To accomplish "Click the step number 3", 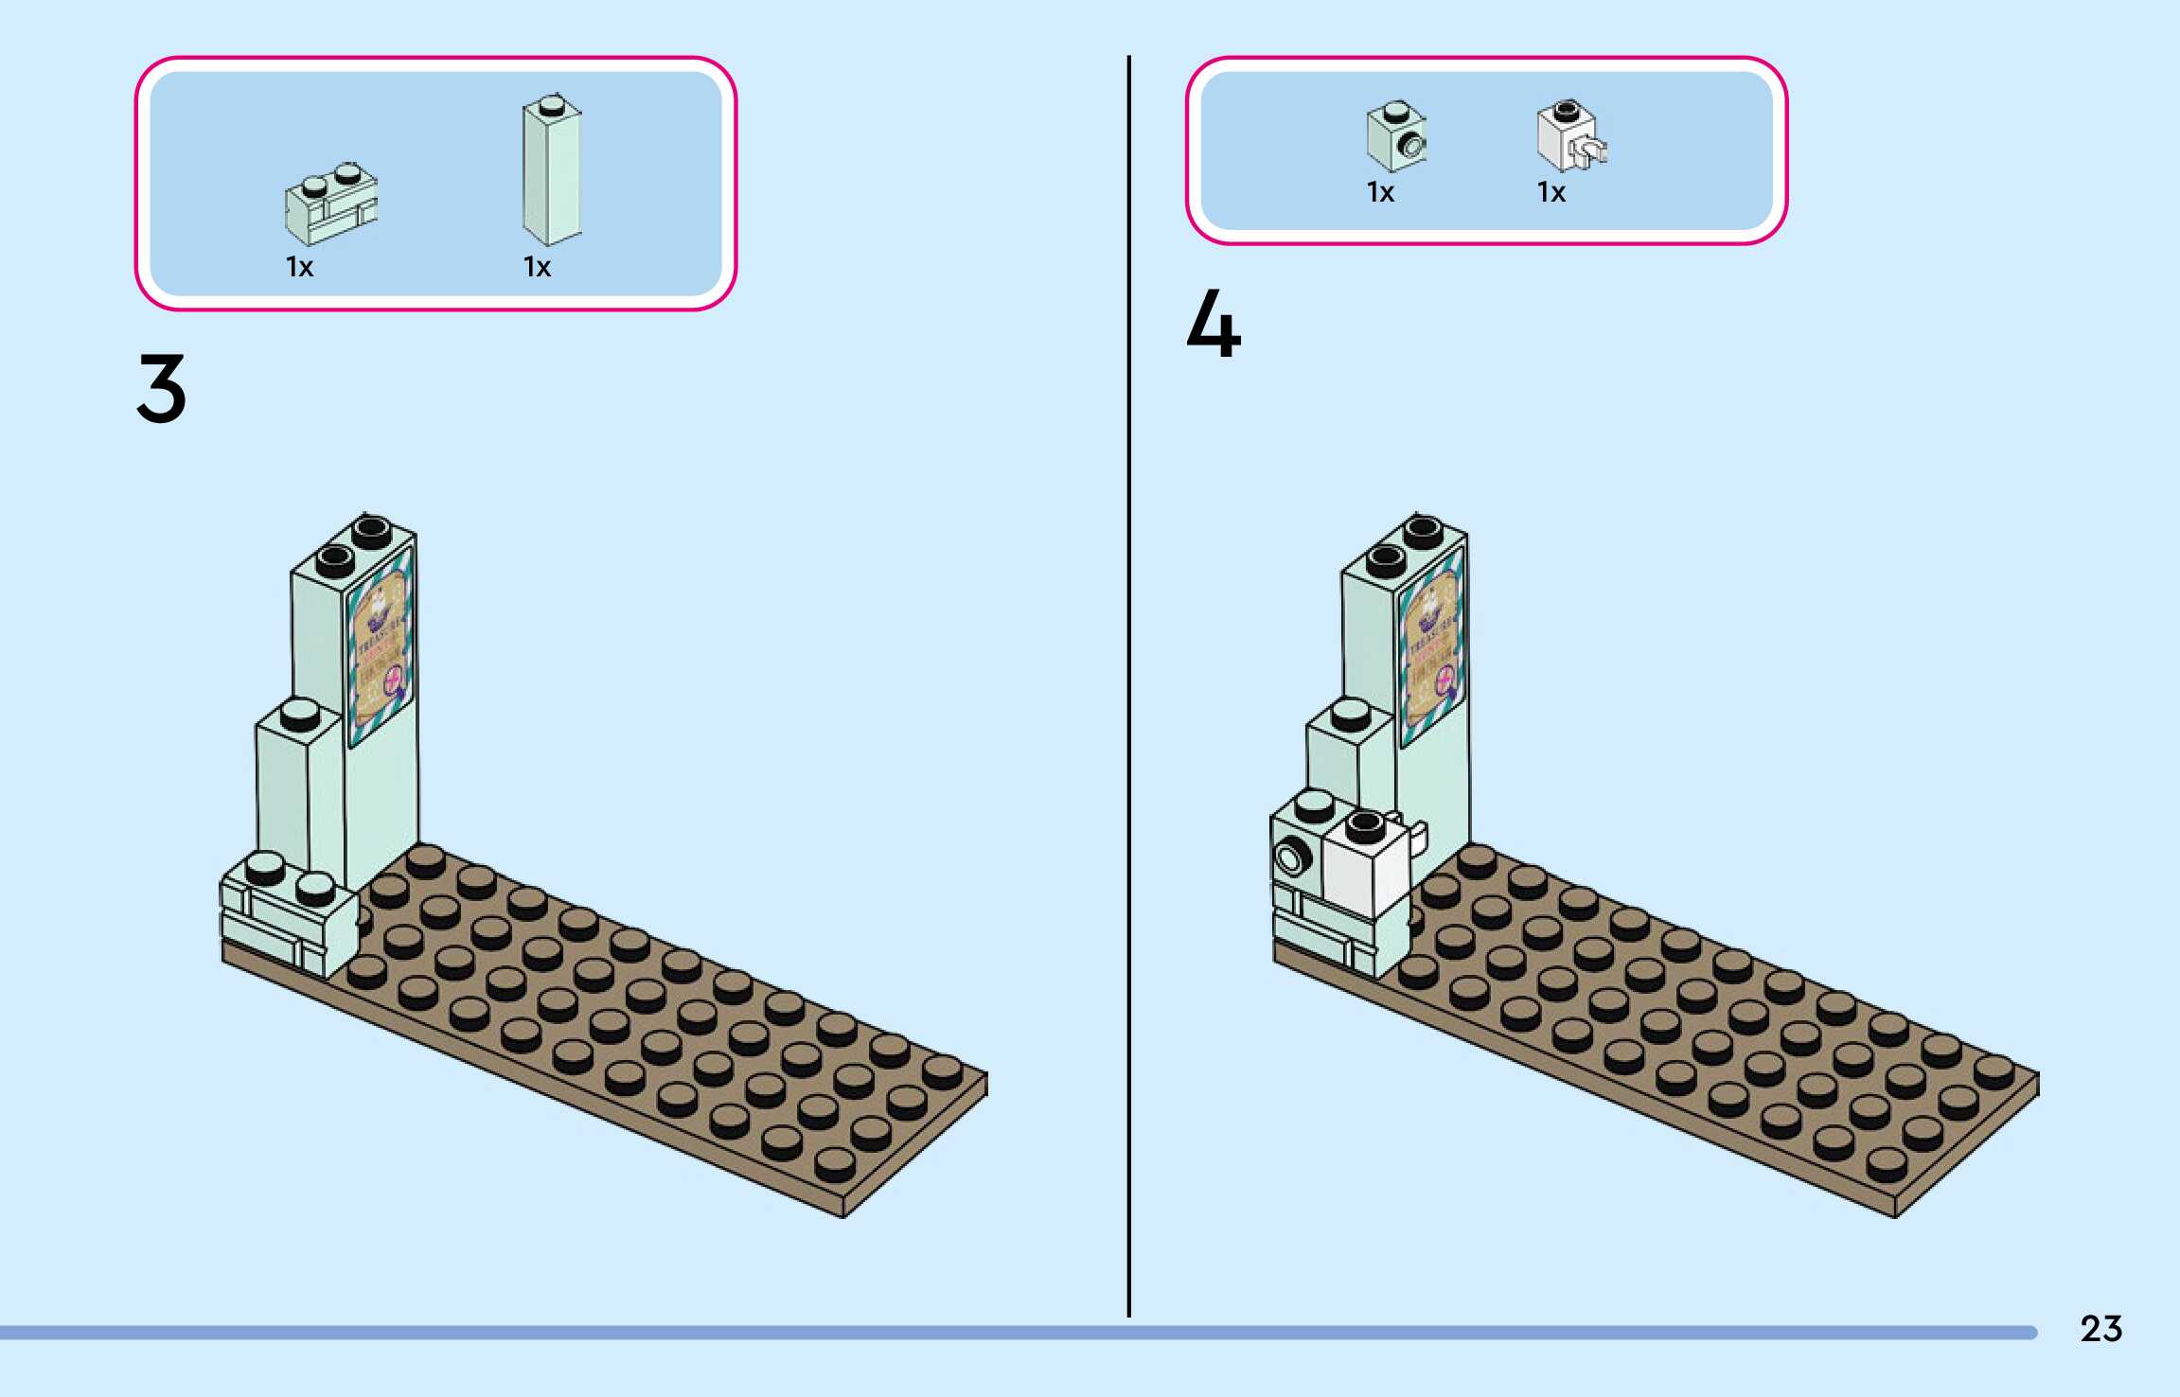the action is click(x=162, y=388).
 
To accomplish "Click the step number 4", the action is click(x=1214, y=324).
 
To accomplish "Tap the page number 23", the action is click(x=2100, y=1329).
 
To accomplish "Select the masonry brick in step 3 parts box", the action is click(x=330, y=203).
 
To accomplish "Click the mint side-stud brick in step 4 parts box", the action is click(x=1396, y=137).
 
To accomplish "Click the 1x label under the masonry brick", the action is click(x=299, y=268).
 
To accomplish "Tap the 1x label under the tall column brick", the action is click(x=537, y=268).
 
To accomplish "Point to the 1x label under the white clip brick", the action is click(x=1551, y=193).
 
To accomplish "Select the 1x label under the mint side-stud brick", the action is click(x=1380, y=193).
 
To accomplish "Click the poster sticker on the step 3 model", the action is click(x=381, y=648).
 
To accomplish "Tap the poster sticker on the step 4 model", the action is click(x=1432, y=648).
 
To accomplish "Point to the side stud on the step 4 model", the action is click(x=1290, y=858).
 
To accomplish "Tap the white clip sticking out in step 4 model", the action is click(x=1416, y=838).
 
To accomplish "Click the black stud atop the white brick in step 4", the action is click(x=1365, y=825).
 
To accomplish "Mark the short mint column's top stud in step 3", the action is click(x=300, y=712).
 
